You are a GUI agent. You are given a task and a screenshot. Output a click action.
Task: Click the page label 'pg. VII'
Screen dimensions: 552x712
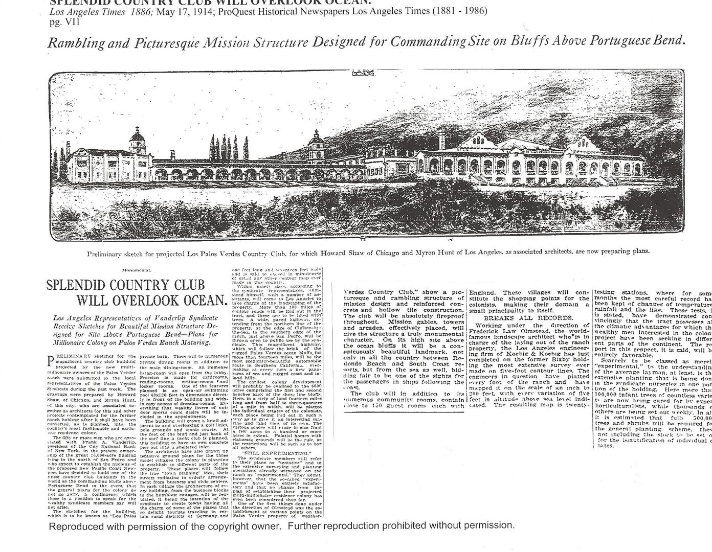point(64,21)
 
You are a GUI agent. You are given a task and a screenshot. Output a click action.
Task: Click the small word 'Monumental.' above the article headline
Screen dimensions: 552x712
point(137,269)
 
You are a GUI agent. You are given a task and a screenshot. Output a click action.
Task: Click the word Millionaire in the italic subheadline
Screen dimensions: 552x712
point(72,342)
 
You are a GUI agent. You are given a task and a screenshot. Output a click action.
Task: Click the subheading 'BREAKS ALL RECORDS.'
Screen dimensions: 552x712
point(529,318)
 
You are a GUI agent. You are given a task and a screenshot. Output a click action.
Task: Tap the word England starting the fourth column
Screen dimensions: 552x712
point(482,293)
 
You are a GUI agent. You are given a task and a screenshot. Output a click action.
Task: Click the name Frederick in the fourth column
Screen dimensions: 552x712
point(485,331)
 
